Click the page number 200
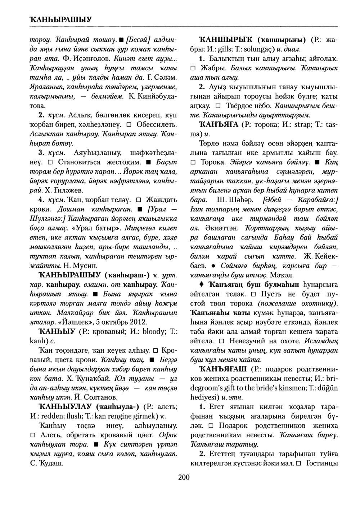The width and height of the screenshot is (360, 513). click(x=184, y=478)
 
